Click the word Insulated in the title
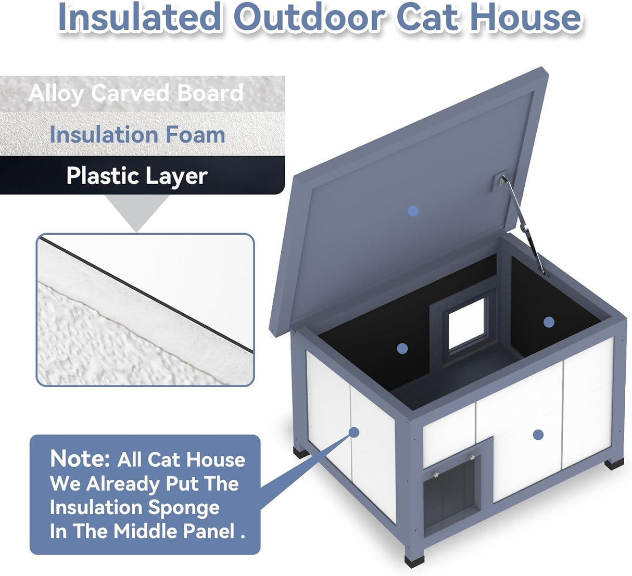click(x=140, y=18)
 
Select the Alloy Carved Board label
click(x=136, y=94)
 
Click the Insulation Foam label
click(x=137, y=135)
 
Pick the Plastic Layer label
click(x=137, y=176)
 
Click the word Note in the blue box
click(x=80, y=459)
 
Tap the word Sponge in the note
click(x=184, y=507)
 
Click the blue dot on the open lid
click(x=413, y=211)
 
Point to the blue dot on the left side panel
click(x=354, y=432)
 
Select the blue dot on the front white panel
click(x=538, y=434)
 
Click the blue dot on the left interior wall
click(x=401, y=349)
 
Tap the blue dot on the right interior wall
click(x=549, y=322)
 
